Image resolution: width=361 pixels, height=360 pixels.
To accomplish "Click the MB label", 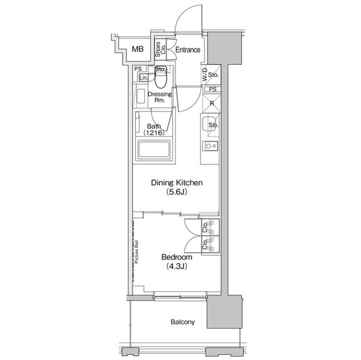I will pos(138,50).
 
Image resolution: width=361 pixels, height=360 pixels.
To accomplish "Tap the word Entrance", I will pos(187,50).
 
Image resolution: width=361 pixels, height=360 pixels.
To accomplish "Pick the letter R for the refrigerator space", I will pos(212,103).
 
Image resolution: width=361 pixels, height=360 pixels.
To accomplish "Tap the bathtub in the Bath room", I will pos(154,150).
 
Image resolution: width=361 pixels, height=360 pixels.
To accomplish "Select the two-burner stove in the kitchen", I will pos(211,146).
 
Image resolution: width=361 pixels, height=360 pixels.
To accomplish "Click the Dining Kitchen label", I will pos(176,183).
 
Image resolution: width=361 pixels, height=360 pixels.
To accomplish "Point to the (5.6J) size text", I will pos(176,192).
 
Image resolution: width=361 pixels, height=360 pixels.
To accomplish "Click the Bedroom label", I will pos(177,257).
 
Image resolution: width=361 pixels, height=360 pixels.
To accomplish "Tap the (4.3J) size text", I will pos(177,266).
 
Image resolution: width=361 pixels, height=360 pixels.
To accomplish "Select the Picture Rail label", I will pos(137,252).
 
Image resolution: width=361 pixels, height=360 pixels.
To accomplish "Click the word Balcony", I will pos(183,322).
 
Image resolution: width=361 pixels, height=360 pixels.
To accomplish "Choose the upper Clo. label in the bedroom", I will pos(205,227).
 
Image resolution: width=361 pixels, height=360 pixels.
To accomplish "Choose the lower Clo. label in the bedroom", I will pos(205,243).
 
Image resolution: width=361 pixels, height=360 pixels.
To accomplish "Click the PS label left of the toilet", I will pos(138,69).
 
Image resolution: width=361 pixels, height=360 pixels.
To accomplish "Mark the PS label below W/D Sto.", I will pos(212,89).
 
